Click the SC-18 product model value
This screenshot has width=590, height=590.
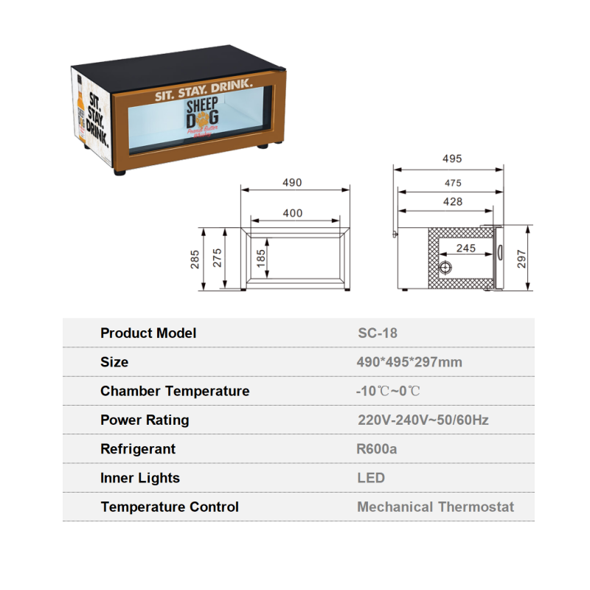[377, 333]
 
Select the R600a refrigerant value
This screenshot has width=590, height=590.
[377, 448]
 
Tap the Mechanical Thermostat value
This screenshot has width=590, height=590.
[435, 507]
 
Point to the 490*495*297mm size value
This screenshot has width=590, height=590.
[409, 362]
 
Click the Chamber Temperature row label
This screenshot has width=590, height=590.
[175, 391]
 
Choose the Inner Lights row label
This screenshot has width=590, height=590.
[140, 478]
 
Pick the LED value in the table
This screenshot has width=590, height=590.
[371, 478]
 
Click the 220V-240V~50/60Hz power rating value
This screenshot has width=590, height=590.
[423, 420]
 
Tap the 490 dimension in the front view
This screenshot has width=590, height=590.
[292, 183]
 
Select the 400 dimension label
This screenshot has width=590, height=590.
[293, 213]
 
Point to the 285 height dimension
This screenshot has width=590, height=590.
[195, 259]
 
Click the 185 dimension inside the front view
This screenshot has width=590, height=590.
[261, 257]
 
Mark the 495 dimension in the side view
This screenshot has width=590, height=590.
[452, 159]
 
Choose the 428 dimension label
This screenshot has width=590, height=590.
[453, 201]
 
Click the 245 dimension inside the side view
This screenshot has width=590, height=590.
[465, 249]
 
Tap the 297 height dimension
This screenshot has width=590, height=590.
[522, 258]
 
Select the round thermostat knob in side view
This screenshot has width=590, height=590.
[445, 267]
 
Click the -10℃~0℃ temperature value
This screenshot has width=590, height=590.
[388, 391]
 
